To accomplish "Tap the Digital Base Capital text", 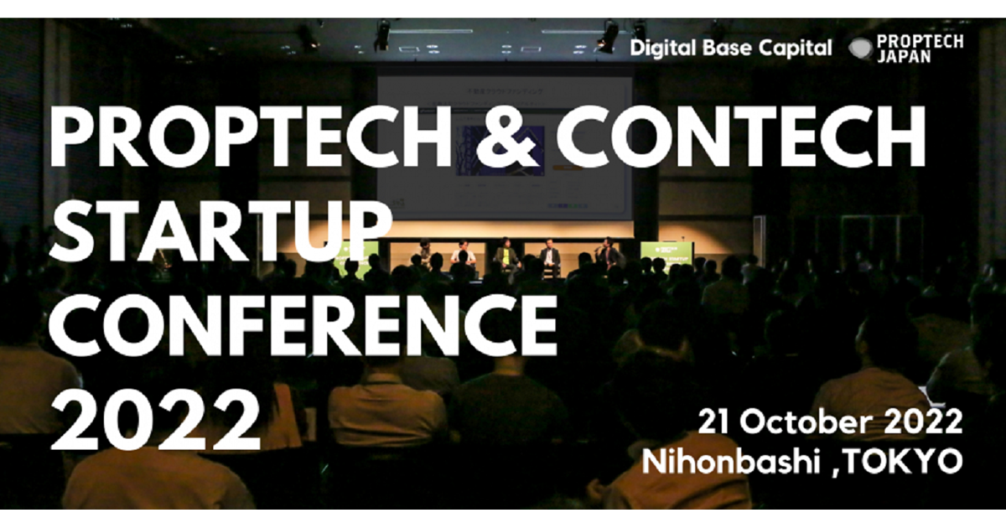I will [x=731, y=48].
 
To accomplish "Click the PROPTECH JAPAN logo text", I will [x=919, y=49].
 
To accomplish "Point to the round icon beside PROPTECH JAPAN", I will [x=859, y=49].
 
